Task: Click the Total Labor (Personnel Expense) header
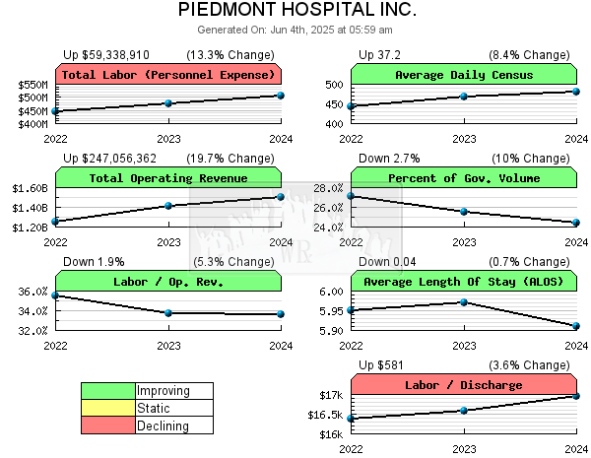tap(168, 75)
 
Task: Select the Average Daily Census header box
tap(463, 75)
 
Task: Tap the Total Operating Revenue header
tap(168, 178)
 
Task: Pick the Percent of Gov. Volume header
tap(463, 178)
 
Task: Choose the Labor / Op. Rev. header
tap(168, 282)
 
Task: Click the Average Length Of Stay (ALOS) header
tap(463, 282)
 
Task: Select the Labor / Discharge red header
tap(463, 385)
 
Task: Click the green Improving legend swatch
tap(108, 391)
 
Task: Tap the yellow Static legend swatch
tap(108, 408)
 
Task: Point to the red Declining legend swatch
tap(108, 425)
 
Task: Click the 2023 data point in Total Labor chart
tap(168, 103)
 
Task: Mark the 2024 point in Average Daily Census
tap(576, 92)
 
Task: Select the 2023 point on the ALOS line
tap(464, 302)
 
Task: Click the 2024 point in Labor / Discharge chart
tap(576, 396)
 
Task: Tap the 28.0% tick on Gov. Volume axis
tap(327, 188)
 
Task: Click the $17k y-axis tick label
tap(331, 396)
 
